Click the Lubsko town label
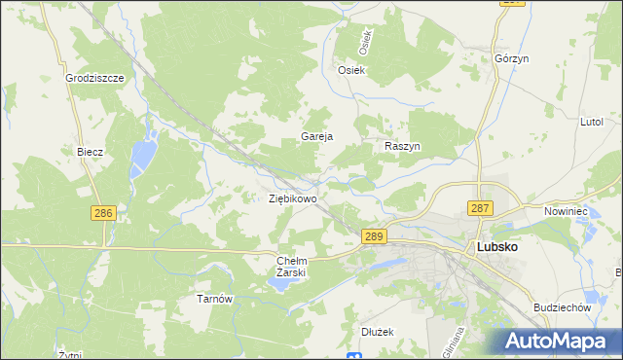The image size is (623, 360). click(x=496, y=247)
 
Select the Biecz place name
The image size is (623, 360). click(x=91, y=152)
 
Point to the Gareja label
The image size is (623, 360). click(x=317, y=137)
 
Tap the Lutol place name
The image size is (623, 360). click(x=592, y=122)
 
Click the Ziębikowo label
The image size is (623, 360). click(x=293, y=198)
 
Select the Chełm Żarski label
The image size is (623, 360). click(x=292, y=267)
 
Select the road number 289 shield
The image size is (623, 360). click(x=375, y=236)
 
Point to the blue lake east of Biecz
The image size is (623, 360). click(x=144, y=152)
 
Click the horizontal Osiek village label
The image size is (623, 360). click(x=350, y=70)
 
